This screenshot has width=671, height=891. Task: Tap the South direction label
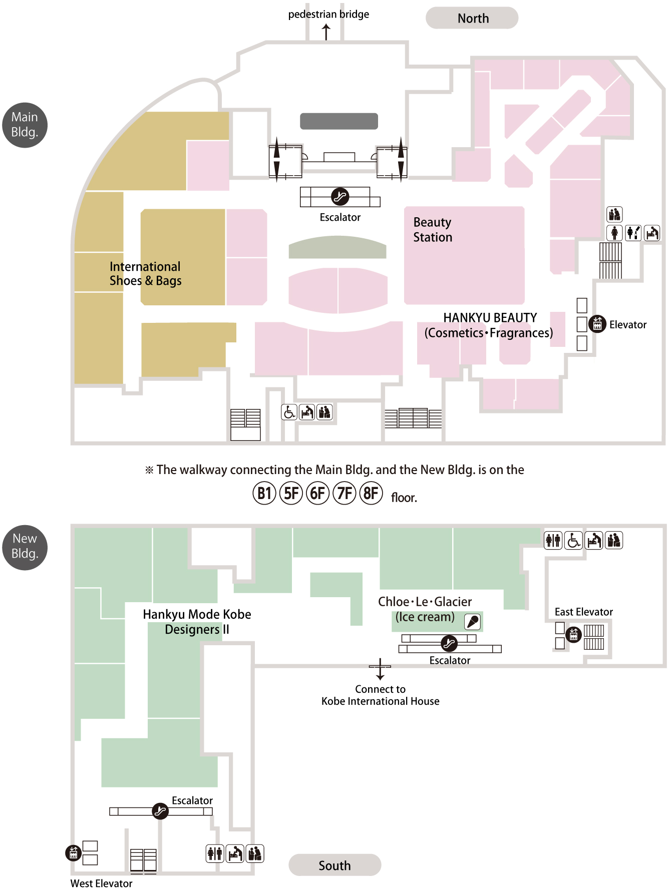(x=334, y=865)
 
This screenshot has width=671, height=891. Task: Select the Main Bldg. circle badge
(x=25, y=125)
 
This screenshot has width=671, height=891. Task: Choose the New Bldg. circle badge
(x=25, y=547)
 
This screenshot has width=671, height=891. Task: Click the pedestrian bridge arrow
(x=326, y=32)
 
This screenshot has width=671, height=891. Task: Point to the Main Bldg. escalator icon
(x=340, y=197)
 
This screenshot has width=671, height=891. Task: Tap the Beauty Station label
(x=433, y=229)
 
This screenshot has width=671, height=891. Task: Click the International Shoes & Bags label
(x=145, y=273)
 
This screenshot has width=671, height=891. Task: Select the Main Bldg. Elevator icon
(x=597, y=324)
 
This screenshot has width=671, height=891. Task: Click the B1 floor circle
(x=264, y=494)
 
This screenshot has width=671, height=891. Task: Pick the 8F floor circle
(x=371, y=494)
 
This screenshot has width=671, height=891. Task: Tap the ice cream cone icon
(x=473, y=621)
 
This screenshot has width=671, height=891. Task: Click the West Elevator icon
(x=74, y=852)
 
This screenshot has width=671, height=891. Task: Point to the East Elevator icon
(x=573, y=635)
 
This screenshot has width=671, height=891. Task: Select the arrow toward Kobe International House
(x=380, y=669)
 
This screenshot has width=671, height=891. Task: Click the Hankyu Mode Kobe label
(x=197, y=614)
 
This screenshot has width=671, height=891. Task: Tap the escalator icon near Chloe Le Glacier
(x=449, y=643)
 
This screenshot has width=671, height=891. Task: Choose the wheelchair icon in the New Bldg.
(x=573, y=541)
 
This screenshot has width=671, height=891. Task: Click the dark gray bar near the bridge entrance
(x=339, y=121)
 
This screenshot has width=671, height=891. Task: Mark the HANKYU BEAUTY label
(x=490, y=318)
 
